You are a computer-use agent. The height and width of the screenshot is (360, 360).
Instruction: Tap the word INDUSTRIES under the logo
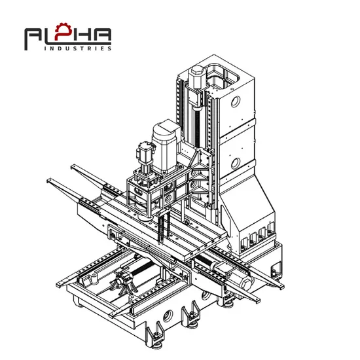click(78, 48)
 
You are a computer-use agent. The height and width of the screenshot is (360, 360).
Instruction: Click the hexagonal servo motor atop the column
click(196, 77)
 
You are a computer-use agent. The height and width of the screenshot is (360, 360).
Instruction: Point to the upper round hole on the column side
click(236, 101)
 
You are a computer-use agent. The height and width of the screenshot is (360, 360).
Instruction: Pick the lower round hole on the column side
click(236, 164)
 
